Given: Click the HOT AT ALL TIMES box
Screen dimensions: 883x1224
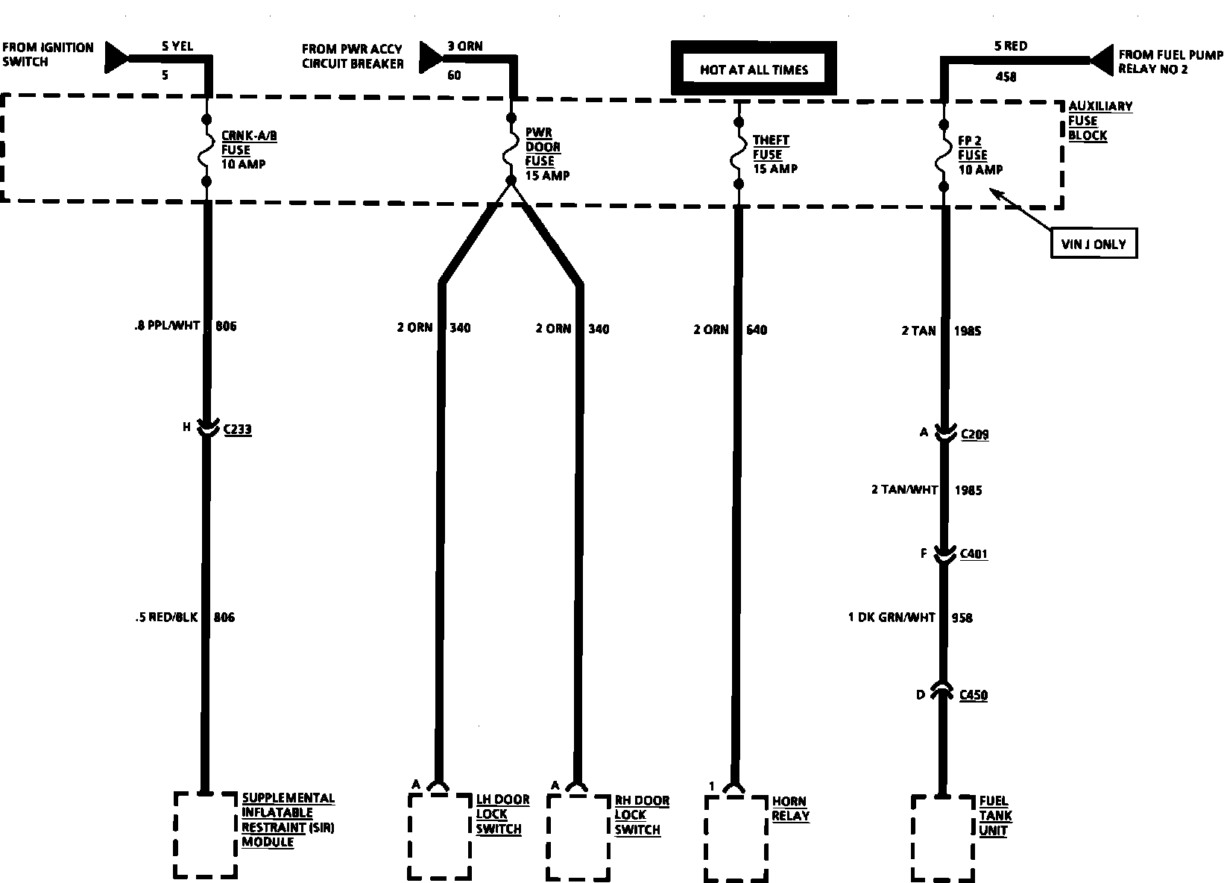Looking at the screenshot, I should [x=754, y=69].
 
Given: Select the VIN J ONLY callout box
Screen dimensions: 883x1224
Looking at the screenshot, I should [x=1093, y=243].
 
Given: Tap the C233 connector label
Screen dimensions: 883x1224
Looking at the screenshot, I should [x=238, y=430].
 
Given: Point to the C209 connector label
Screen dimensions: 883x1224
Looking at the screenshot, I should [x=974, y=434].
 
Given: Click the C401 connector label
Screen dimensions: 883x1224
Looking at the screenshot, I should [x=974, y=554].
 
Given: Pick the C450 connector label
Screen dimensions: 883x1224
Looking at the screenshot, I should [x=974, y=695].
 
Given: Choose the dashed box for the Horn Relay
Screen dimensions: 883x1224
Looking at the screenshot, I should [x=736, y=838].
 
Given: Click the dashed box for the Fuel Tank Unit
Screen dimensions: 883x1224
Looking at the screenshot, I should [x=942, y=838].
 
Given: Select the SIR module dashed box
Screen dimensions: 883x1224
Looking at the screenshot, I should [x=205, y=835].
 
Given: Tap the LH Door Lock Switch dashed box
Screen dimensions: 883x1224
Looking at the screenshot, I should [x=440, y=837].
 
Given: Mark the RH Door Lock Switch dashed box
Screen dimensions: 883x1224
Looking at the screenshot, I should [x=578, y=837].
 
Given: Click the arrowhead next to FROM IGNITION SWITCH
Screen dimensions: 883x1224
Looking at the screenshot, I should [x=117, y=56].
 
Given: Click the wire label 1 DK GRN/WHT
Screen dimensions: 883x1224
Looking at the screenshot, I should [x=891, y=618].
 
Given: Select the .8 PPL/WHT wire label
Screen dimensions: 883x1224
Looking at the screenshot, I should [x=163, y=326].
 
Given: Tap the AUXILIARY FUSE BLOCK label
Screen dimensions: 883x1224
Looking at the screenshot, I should [x=1100, y=120].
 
